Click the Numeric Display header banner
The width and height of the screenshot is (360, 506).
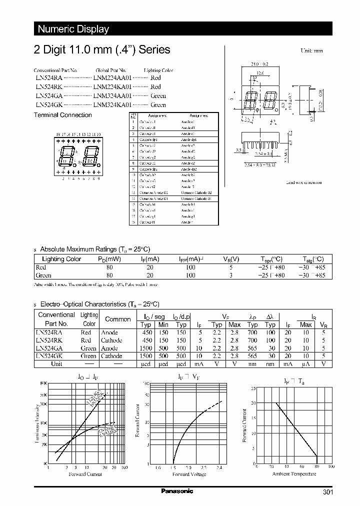pyautogui.click(x=73, y=29)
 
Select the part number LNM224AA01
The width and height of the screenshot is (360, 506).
pyautogui.click(x=112, y=78)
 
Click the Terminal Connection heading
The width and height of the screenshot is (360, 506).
pyautogui.click(x=62, y=115)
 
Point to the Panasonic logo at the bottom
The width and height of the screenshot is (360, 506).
pyautogui.click(x=176, y=491)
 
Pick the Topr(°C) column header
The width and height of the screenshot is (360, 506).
pyautogui.click(x=271, y=259)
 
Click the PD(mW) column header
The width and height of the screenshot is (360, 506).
pyautogui.click(x=109, y=259)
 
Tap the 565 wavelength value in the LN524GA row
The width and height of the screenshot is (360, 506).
pyautogui.click(x=253, y=348)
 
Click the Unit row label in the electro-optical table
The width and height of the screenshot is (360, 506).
pyautogui.click(x=56, y=364)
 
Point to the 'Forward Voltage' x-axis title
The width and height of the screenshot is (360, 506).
pyautogui.click(x=189, y=474)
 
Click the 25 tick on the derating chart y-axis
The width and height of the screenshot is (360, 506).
pyautogui.click(x=253, y=388)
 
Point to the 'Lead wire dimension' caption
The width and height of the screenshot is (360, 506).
pyautogui.click(x=303, y=183)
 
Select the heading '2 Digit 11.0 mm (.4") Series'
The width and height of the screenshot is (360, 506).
pyautogui.click(x=101, y=49)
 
